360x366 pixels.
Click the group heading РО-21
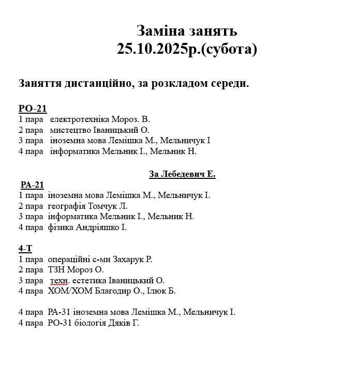coord(33,109)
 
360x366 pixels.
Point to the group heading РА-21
coord(32,185)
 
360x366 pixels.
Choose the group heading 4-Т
coord(25,249)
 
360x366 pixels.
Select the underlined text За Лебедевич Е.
coord(182,174)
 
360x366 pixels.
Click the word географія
coord(67,206)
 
